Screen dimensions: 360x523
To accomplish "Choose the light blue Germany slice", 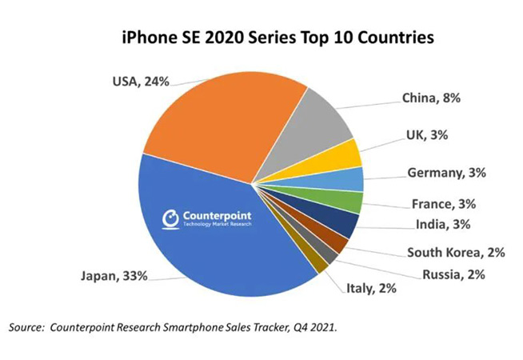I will pyautogui.click(x=352, y=179).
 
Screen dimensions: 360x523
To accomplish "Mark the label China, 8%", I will pyautogui.click(x=433, y=99).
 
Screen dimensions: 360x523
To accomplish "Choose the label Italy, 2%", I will pyautogui.click(x=370, y=289).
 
